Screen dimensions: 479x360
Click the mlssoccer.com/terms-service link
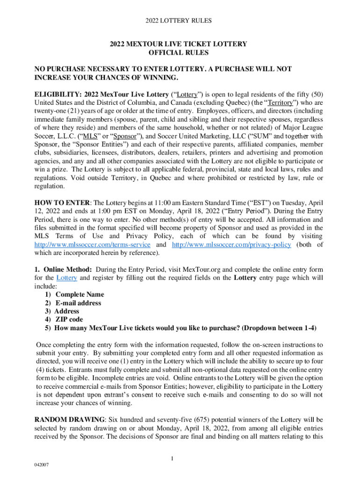pos(93,245)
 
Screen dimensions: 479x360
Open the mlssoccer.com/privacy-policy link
pos(231,245)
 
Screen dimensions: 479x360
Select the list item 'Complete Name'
pos(79,295)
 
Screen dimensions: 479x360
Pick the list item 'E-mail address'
pos(78,303)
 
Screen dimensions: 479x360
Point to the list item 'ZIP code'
pos(69,319)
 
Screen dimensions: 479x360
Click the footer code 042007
pos(43,465)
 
